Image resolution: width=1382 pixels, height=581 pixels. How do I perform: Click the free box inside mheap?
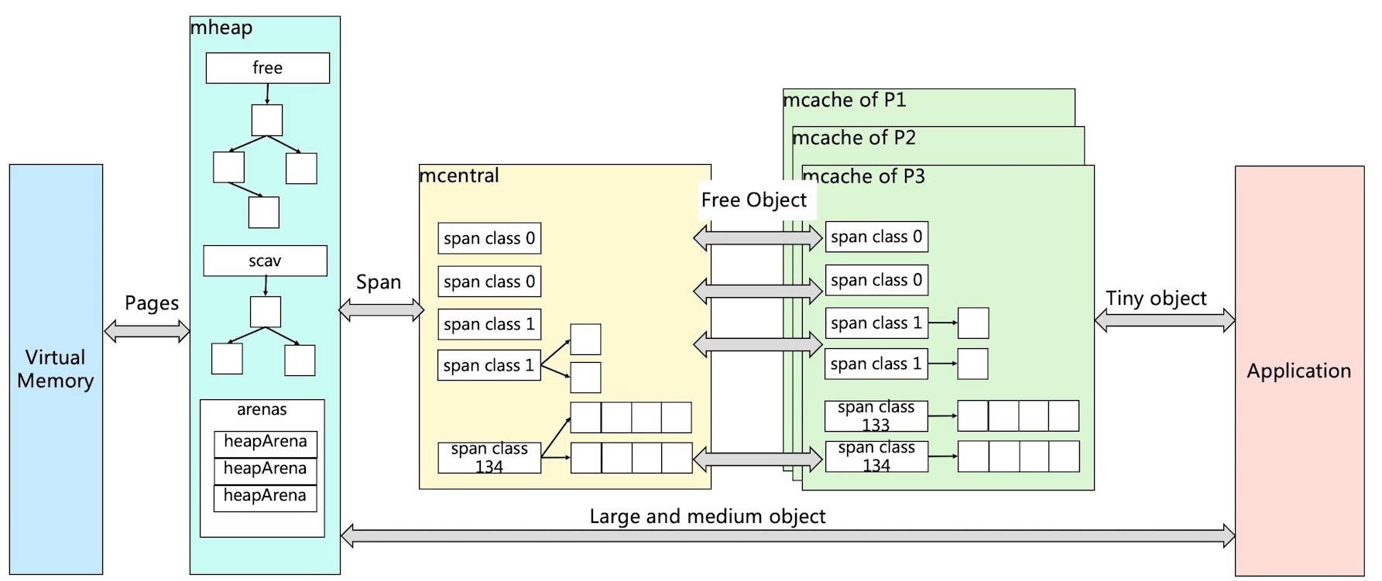tap(267, 68)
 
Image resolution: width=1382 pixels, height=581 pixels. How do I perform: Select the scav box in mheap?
tap(265, 261)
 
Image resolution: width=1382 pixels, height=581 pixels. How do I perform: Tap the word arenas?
tap(262, 409)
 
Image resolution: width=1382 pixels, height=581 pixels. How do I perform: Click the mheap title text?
tap(221, 28)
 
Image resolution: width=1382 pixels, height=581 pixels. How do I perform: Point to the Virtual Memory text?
tap(56, 369)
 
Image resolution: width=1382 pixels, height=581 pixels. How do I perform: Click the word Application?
tap(1298, 371)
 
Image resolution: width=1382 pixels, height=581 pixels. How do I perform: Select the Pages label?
tap(152, 303)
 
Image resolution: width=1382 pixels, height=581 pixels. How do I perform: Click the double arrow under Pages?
tap(147, 332)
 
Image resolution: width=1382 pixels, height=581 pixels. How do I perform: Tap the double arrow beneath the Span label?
tap(382, 311)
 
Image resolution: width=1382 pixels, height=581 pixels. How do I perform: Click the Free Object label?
tap(753, 200)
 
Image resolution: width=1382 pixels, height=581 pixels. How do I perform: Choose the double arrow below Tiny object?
tap(1164, 320)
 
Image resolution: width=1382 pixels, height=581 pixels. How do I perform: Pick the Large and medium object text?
tap(707, 516)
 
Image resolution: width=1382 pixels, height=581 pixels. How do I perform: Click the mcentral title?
tap(459, 176)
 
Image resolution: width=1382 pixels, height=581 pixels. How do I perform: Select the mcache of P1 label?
tap(844, 100)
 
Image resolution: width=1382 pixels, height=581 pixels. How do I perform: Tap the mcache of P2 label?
tap(853, 138)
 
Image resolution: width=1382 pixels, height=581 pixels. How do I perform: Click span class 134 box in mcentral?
tap(489, 458)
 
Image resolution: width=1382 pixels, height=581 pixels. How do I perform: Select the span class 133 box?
tap(876, 416)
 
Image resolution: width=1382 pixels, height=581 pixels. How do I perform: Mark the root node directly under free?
tap(267, 121)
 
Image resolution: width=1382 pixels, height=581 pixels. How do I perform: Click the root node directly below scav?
tap(266, 312)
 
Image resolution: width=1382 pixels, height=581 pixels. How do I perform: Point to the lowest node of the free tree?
tap(263, 212)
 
